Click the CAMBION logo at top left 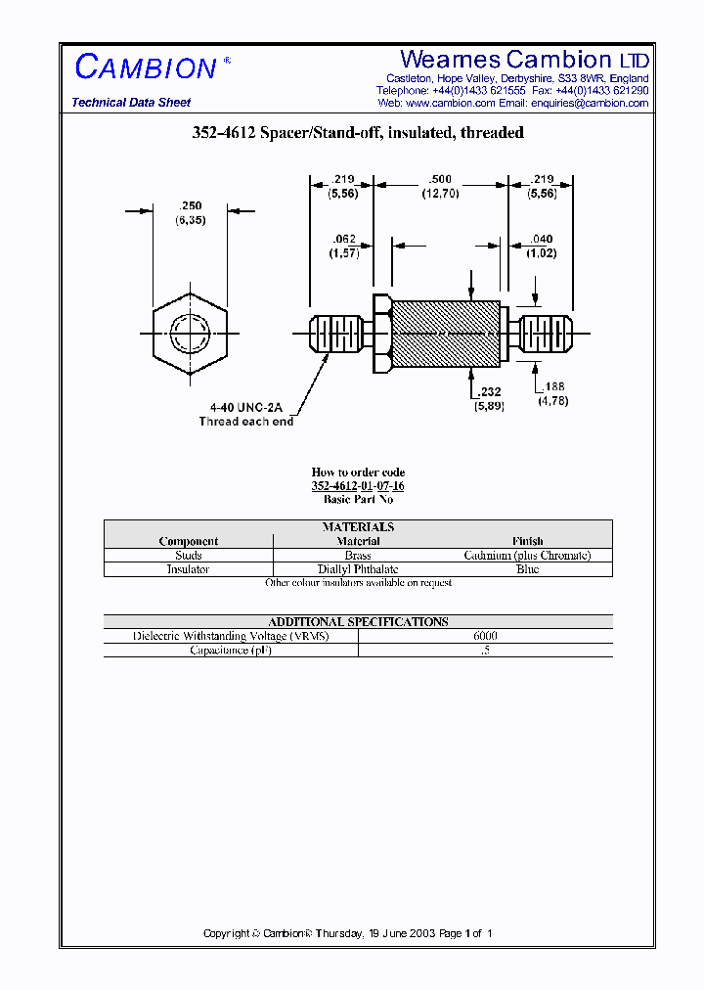(147, 67)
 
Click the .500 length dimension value (440, 180)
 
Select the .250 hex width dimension (190, 206)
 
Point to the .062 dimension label (344, 240)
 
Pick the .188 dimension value (552, 387)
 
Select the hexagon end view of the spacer (190, 336)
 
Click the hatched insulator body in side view (445, 335)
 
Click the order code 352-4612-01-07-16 (358, 486)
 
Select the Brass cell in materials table (358, 555)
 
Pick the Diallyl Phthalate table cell (358, 568)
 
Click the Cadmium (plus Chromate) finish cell (527, 555)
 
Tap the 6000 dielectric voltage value (485, 636)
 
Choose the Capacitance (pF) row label (231, 650)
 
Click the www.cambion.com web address (450, 103)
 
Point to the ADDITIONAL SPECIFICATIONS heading (358, 621)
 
